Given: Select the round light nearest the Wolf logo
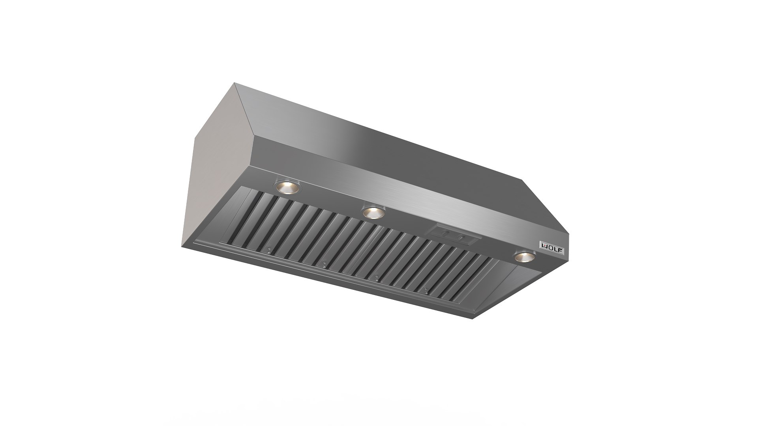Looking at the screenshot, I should pos(524,258).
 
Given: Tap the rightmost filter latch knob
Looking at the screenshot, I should pos(426,291).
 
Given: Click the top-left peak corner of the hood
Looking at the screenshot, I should pos(235,83).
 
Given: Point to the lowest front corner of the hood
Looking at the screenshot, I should pos(473,319).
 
